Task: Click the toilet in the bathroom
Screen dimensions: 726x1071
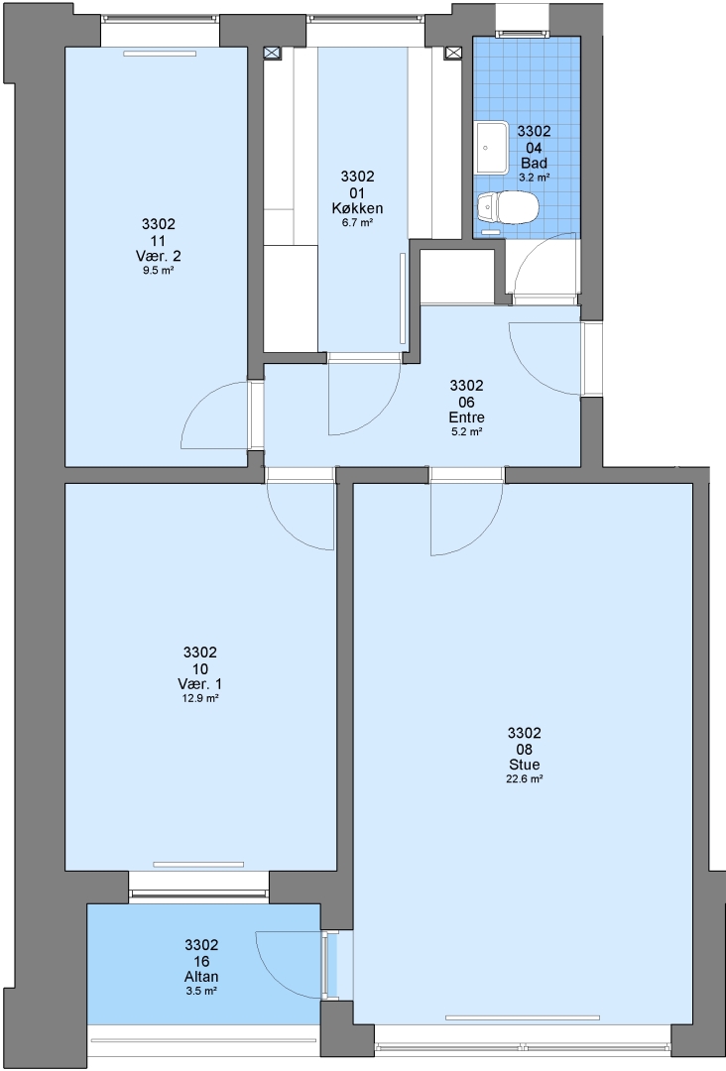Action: click(x=508, y=206)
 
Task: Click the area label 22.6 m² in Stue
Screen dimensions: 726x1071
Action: click(x=524, y=779)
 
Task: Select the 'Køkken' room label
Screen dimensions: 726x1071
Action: click(x=357, y=209)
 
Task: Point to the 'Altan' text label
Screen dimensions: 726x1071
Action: click(x=201, y=977)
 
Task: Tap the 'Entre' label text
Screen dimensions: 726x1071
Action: click(x=466, y=417)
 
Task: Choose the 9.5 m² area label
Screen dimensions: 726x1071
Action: click(x=159, y=271)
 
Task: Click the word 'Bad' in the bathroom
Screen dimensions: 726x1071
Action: click(x=534, y=163)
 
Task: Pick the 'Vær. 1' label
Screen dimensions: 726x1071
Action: click(x=199, y=683)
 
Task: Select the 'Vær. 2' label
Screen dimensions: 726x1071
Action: click(x=159, y=256)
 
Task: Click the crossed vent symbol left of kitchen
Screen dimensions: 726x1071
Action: click(x=273, y=54)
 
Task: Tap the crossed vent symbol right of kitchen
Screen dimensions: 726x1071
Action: click(x=453, y=54)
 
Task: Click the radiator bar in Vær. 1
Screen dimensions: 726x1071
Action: click(x=198, y=864)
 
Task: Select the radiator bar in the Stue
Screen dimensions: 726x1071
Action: click(x=523, y=1018)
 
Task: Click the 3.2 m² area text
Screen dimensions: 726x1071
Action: click(x=534, y=177)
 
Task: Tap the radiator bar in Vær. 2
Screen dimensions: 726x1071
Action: click(x=159, y=54)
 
